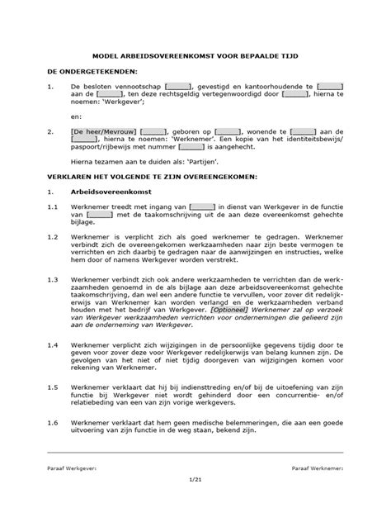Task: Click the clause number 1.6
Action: click(51, 422)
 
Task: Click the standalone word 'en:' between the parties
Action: click(78, 116)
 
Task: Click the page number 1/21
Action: click(195, 489)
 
